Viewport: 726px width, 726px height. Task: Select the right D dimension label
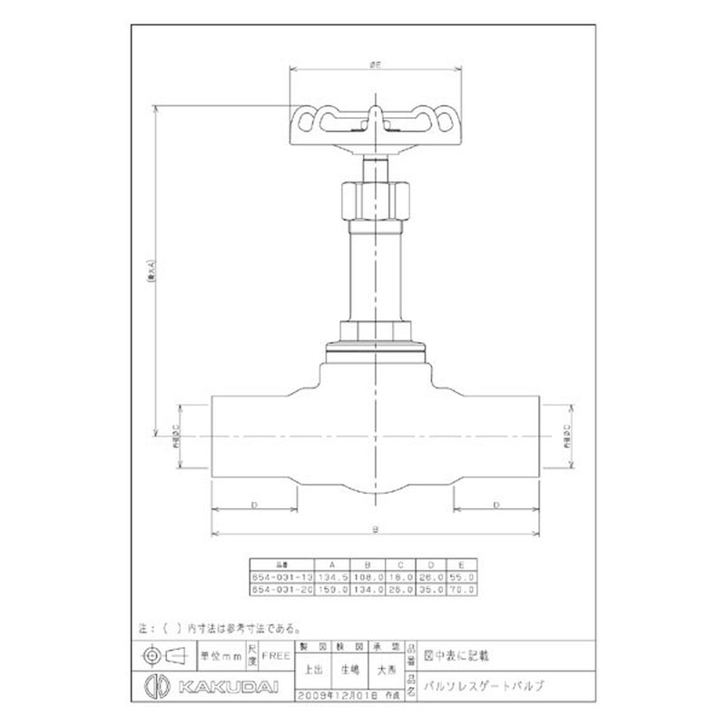495,502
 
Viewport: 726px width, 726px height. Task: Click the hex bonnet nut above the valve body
374,330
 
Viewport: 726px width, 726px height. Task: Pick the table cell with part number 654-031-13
281,575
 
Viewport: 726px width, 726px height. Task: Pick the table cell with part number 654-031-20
281,588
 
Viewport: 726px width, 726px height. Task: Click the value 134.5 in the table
331,575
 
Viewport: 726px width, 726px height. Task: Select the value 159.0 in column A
331,588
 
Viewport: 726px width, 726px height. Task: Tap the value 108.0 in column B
368,575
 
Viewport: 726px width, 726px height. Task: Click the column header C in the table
400,563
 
